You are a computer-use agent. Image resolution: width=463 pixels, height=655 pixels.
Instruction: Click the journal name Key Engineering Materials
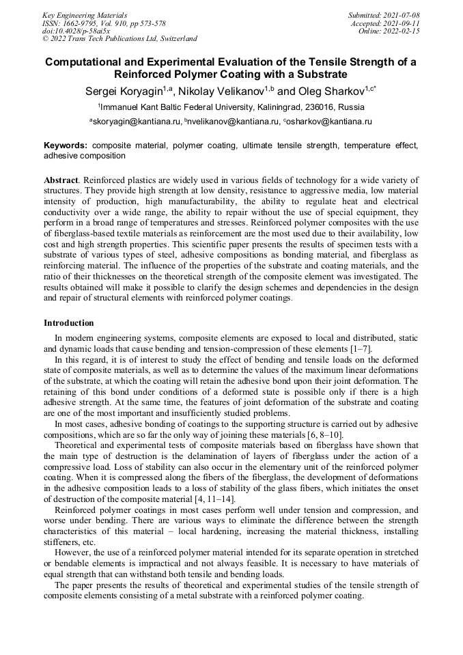(x=84, y=14)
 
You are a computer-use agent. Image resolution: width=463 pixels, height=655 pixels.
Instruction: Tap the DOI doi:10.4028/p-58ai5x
(x=76, y=31)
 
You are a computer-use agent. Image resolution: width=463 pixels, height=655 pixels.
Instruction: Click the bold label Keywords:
(x=66, y=145)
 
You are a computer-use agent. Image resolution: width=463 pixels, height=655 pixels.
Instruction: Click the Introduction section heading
(x=68, y=323)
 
